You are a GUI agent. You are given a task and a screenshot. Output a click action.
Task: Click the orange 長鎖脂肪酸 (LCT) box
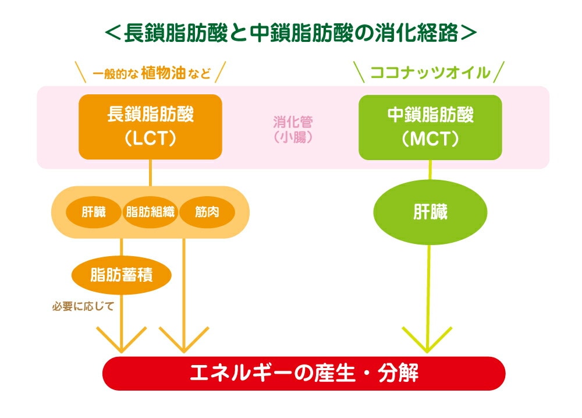[x=150, y=126]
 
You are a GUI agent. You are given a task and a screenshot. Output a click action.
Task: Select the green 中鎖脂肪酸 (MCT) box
[x=430, y=126]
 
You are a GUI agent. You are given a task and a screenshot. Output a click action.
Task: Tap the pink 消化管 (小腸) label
[x=293, y=129]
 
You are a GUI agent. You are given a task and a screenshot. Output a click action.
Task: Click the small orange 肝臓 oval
[x=93, y=212]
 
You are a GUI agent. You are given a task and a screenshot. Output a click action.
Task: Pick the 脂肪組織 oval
[x=150, y=212]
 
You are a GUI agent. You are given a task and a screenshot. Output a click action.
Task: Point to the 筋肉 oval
[x=207, y=212]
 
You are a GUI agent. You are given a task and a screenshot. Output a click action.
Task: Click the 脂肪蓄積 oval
[x=122, y=275]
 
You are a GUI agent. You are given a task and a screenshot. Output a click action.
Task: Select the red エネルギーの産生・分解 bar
[x=304, y=373]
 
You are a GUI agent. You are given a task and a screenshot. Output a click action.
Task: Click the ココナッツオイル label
[x=430, y=73]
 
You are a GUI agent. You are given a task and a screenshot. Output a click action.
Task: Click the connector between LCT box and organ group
[x=151, y=173]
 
